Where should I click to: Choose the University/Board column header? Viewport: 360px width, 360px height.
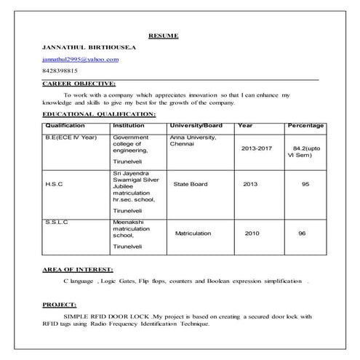196,125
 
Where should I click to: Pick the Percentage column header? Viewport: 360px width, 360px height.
305,125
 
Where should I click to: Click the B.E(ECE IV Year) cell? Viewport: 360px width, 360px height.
71,137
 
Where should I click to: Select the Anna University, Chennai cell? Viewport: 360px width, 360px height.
192,140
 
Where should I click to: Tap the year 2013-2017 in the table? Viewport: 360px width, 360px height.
257,148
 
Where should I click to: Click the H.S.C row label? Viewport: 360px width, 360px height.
54,185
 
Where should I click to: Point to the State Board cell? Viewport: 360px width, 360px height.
191,185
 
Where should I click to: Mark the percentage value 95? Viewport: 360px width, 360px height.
305,185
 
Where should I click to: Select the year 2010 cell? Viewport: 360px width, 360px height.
252,233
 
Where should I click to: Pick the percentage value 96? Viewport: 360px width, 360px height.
302,233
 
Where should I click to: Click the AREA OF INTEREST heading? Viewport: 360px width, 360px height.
77,270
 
